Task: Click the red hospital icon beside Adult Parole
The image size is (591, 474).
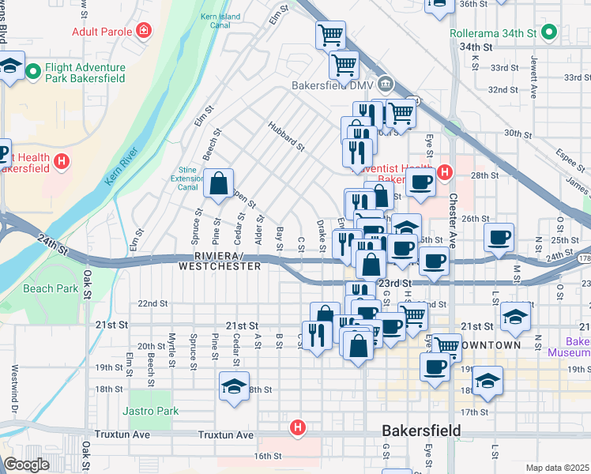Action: (x=144, y=31)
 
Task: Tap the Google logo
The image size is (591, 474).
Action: (x=26, y=464)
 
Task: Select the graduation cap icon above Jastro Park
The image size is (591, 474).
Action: (x=235, y=386)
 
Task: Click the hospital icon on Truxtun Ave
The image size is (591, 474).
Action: (x=297, y=427)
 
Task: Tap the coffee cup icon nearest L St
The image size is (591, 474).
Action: (x=499, y=238)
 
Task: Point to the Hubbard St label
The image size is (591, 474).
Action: (x=285, y=136)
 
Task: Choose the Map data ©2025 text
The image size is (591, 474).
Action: (x=557, y=468)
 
